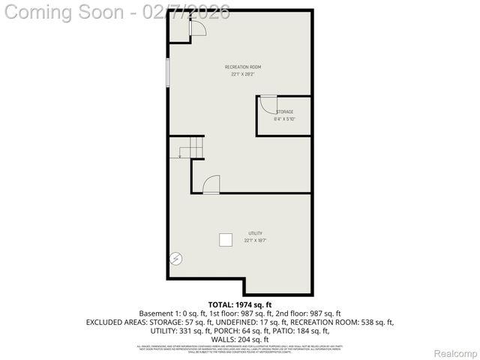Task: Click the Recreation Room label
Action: pyautogui.click(x=243, y=67)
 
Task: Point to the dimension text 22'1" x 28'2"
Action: pyautogui.click(x=243, y=74)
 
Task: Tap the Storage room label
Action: pyautogui.click(x=284, y=112)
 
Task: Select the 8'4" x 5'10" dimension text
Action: pyautogui.click(x=284, y=118)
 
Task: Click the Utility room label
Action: pyautogui.click(x=255, y=233)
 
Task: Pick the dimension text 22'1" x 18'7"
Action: pyautogui.click(x=255, y=240)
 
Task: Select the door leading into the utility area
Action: pyautogui.click(x=211, y=184)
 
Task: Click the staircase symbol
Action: pyautogui.click(x=190, y=148)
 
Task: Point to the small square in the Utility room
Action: pyautogui.click(x=226, y=239)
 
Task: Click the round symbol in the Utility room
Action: pyautogui.click(x=176, y=259)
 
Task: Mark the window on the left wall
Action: pyautogui.click(x=168, y=75)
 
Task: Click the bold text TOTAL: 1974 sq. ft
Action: pyautogui.click(x=240, y=304)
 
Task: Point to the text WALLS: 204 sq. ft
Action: pyautogui.click(x=240, y=339)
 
